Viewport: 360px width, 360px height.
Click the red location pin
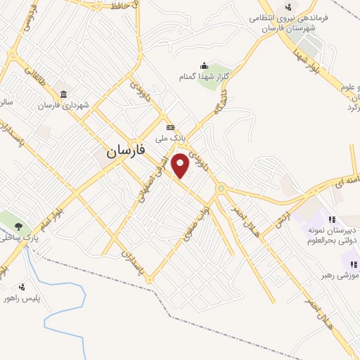point(181,165)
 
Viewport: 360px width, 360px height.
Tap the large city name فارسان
point(127,150)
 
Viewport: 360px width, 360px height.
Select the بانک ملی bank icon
point(170,127)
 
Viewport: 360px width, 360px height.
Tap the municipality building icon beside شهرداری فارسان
point(64,94)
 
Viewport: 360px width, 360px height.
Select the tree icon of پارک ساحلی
point(18,226)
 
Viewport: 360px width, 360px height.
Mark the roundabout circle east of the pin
point(222,188)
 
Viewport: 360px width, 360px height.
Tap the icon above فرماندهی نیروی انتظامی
point(288,7)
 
